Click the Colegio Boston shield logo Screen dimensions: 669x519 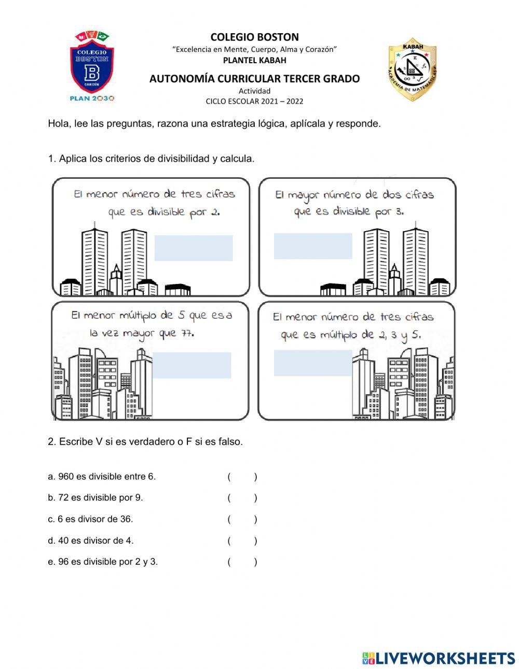pos(92,62)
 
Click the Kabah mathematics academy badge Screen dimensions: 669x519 pos(413,69)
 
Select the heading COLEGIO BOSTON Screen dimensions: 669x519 pos(254,37)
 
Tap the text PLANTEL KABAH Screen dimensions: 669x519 pos(254,60)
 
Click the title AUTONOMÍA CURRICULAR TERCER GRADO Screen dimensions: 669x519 pos(254,79)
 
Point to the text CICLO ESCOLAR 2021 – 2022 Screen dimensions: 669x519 pos(254,101)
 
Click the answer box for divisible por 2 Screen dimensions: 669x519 pos(194,248)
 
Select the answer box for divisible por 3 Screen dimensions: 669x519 pos(313,246)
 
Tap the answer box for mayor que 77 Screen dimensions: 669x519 pos(192,365)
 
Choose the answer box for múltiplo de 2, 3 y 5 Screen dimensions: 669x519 pos(313,363)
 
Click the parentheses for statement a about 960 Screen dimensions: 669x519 pos(242,477)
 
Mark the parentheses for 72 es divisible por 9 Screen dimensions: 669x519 pos(242,498)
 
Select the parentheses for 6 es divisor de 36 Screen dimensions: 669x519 pos(242,519)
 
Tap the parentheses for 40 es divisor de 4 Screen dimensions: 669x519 pos(242,540)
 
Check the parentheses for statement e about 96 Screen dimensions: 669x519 pos(242,562)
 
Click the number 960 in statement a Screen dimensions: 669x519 pos(66,477)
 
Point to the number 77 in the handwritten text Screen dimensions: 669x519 pos(186,333)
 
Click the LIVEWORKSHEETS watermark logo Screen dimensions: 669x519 pos(439,658)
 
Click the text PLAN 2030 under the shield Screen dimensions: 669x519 pos(92,98)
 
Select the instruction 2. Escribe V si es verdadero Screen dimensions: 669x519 pos(145,442)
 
